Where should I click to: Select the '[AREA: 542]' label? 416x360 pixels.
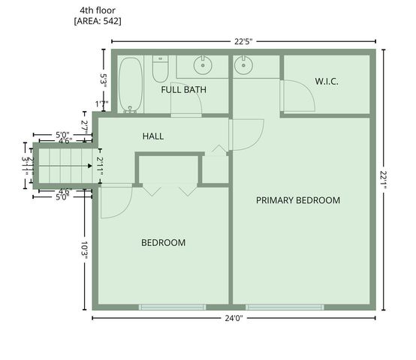[98, 21]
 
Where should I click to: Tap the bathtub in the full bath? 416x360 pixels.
[131, 85]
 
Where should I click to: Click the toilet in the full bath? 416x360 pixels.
[160, 69]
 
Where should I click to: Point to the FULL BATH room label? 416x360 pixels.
[184, 90]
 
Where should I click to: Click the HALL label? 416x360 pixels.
[153, 136]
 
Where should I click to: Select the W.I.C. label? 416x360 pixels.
[327, 81]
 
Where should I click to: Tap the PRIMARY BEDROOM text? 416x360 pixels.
[298, 200]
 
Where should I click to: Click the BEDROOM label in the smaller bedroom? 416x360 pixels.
[164, 243]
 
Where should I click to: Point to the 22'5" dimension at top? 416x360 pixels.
[240, 41]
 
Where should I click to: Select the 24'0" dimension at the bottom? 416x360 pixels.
[234, 318]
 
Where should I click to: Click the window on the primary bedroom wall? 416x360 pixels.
[285, 307]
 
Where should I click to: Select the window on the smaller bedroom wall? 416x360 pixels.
[172, 307]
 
